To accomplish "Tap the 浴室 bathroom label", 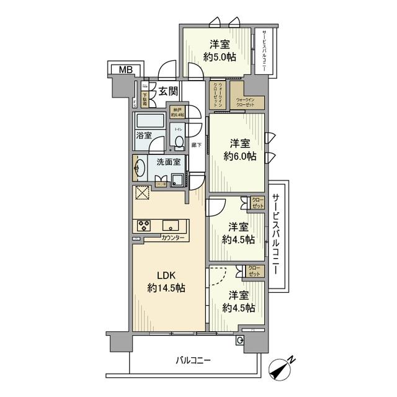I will click(145, 134).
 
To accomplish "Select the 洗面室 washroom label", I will click(168, 162).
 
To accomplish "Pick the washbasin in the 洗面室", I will click(140, 167).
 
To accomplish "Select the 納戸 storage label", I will click(178, 112).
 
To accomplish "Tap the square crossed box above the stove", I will click(141, 194).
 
